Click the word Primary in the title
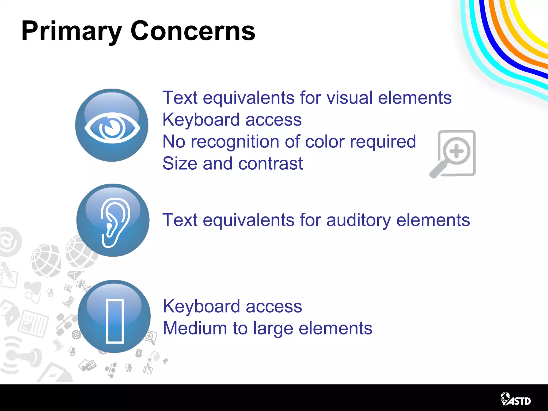(x=72, y=32)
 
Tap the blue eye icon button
(x=112, y=125)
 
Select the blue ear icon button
(x=113, y=220)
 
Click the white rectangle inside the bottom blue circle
(x=115, y=321)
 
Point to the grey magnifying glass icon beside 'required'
(x=453, y=154)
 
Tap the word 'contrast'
(x=270, y=163)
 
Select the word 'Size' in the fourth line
(x=180, y=163)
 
